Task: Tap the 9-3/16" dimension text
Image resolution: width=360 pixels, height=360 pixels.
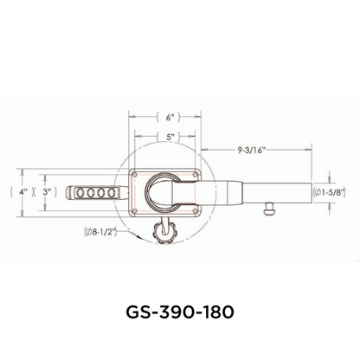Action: point(249,149)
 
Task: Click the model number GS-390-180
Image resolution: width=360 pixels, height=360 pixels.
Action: point(180,310)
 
